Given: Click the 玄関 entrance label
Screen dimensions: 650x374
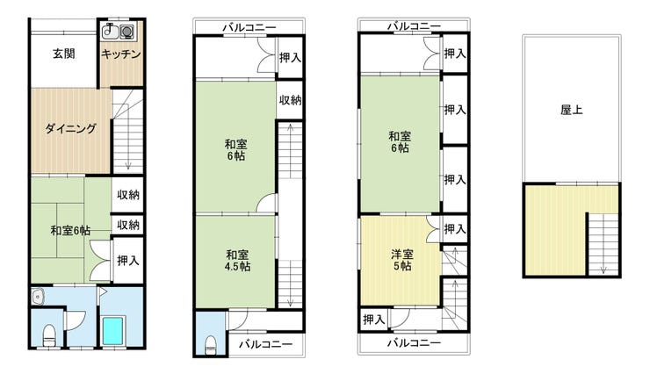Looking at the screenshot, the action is coord(64,54).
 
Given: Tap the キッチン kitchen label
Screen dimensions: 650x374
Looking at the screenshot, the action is coord(121,54).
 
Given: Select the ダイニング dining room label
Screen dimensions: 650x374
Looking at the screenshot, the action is coord(70,128).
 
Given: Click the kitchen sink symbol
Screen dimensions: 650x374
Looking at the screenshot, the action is coord(110,31).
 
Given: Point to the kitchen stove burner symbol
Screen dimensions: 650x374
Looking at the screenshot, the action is coord(126,32).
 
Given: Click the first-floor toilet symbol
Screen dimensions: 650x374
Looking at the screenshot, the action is coord(49,335).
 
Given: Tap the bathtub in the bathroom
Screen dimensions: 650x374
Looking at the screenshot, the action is coord(113,330).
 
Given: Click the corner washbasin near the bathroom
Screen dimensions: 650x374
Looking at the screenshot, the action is coord(37,297).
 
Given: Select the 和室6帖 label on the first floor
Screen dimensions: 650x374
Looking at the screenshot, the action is coord(70,230).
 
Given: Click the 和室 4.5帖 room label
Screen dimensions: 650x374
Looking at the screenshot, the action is coord(237,261).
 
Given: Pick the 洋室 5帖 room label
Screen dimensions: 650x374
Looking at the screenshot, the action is coord(402,260).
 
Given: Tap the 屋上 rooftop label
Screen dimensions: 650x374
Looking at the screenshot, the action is coord(571,110).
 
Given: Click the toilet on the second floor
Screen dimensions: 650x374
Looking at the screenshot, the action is coord(211,345).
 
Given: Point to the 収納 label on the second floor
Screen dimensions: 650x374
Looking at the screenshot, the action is coord(290,100).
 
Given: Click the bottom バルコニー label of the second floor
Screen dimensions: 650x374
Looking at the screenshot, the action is coord(266,344).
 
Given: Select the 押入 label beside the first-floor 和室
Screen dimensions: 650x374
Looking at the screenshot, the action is coord(128,261).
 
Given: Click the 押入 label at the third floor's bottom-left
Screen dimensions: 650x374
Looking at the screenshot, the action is coord(374,320).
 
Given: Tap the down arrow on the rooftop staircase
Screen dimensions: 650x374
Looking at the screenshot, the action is coord(603,269).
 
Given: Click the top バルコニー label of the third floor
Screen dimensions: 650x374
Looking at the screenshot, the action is coord(414,26).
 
